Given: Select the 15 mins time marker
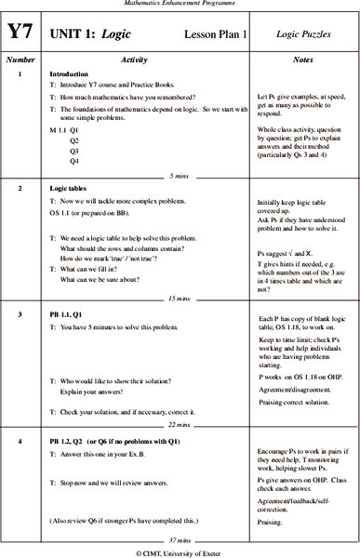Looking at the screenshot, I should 180,272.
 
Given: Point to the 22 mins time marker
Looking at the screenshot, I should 180,422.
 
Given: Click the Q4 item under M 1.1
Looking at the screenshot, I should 74,161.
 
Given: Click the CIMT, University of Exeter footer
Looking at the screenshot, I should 180,551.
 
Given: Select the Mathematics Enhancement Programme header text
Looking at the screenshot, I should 180,5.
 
